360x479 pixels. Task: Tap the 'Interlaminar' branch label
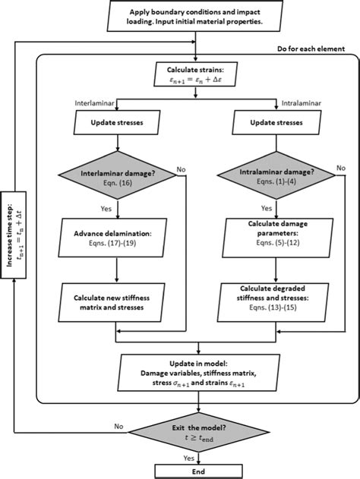[96, 102]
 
